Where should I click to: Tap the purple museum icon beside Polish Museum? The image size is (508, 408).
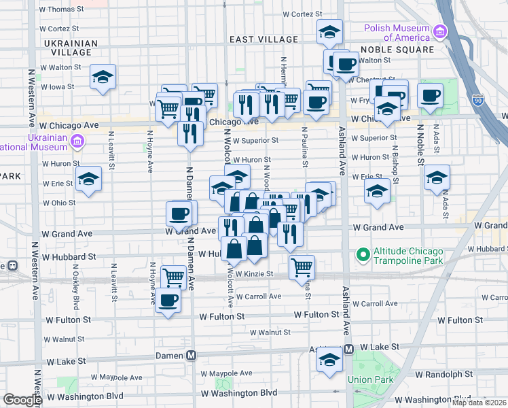(x=440, y=31)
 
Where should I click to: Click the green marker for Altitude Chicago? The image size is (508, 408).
(x=363, y=256)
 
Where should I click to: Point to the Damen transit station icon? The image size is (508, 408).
(x=192, y=355)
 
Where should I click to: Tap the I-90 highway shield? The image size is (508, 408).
(x=477, y=99)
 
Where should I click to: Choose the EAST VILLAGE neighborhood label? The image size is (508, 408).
(x=264, y=40)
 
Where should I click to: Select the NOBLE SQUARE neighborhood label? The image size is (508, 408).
(x=397, y=50)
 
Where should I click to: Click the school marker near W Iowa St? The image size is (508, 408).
(x=103, y=77)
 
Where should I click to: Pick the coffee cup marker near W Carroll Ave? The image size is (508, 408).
(x=168, y=299)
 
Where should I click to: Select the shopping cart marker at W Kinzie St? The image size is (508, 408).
(x=302, y=266)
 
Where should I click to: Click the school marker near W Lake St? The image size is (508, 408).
(x=329, y=360)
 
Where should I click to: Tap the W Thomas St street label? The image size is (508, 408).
(x=61, y=10)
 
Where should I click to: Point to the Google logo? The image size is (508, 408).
(x=22, y=400)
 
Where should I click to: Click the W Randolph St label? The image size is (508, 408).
(x=444, y=375)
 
